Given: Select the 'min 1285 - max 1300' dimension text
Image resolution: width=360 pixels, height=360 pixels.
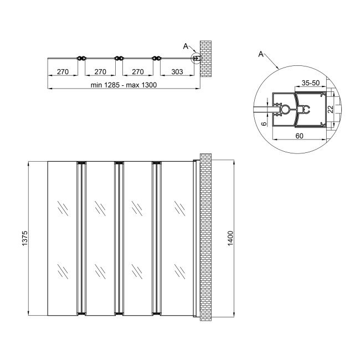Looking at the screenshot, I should [124, 85].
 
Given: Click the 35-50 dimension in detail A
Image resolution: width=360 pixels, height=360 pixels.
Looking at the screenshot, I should [310, 83].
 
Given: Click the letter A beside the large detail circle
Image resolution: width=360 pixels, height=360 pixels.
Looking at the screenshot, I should [260, 54].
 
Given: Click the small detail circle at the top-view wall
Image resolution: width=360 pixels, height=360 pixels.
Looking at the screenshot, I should [196, 58].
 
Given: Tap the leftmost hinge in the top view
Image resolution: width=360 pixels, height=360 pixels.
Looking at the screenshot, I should [81, 58].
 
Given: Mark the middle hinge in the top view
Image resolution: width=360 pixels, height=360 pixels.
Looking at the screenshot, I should [117, 58].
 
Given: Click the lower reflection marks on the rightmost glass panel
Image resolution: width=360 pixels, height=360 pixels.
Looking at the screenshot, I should [179, 271].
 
